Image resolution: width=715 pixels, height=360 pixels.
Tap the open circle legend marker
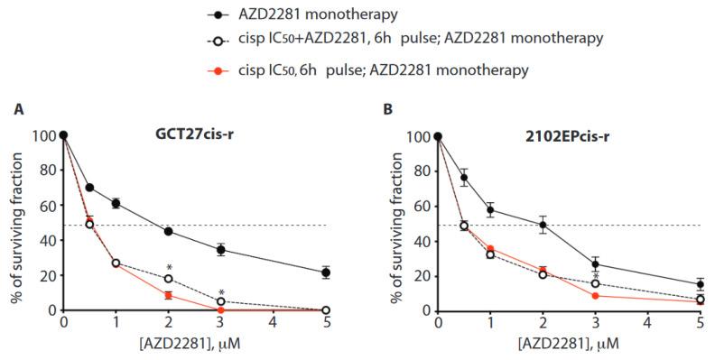pos(209,41)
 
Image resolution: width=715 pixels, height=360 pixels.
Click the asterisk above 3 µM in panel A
pos(220,292)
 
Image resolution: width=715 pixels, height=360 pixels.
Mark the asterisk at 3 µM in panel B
pos(595,277)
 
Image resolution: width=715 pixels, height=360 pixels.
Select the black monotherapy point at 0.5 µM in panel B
pos(464,178)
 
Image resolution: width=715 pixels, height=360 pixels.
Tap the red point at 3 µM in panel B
pos(595,295)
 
